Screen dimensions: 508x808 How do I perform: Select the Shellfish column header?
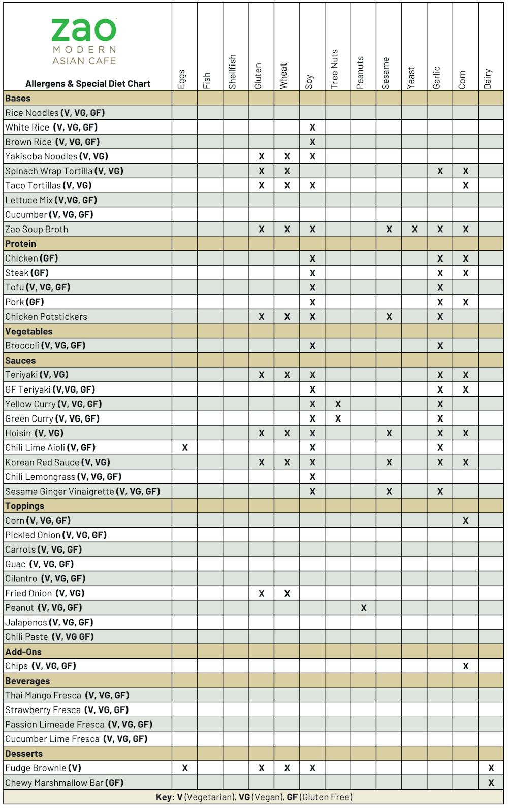pos(233,72)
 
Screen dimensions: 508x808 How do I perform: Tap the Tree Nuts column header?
pos(334,70)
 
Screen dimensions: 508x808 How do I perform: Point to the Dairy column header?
pos(488,79)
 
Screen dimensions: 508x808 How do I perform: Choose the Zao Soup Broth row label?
pos(37,229)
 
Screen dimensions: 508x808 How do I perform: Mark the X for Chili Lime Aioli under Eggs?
pos(185,448)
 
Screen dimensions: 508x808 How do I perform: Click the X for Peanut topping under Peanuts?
pos(364,608)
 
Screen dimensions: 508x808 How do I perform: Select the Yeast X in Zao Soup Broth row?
pos(415,230)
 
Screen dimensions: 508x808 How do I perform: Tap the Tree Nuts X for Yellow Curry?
pos(338,404)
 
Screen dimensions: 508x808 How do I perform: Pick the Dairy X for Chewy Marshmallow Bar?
pos(491,783)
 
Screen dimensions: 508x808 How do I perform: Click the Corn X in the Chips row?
pos(466,666)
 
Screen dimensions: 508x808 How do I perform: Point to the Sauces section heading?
pos(20,361)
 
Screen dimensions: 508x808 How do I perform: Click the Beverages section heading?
pos(27,681)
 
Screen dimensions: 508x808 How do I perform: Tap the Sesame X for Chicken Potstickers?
pos(389,317)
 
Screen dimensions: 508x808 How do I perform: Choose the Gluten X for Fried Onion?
pos(262,593)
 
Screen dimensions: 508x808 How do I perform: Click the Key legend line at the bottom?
pos(254,797)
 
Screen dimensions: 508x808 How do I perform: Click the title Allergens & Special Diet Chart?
pos(88,84)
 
